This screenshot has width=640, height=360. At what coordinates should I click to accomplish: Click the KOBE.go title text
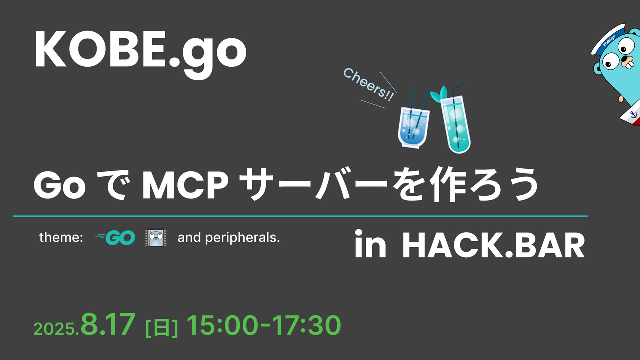140,51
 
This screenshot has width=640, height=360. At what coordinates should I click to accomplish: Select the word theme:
61,238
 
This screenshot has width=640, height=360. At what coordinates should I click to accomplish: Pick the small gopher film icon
155,238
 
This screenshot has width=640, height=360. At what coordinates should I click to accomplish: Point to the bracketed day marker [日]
161,328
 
